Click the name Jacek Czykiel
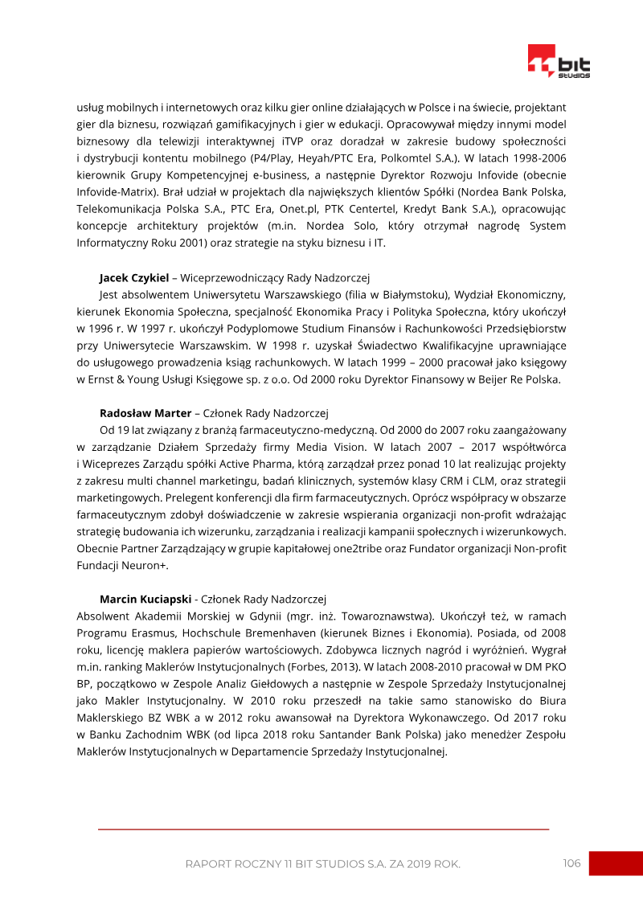[134, 278]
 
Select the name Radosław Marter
[145, 414]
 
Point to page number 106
[571, 863]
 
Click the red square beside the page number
[616, 863]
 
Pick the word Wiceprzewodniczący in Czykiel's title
[227, 278]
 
